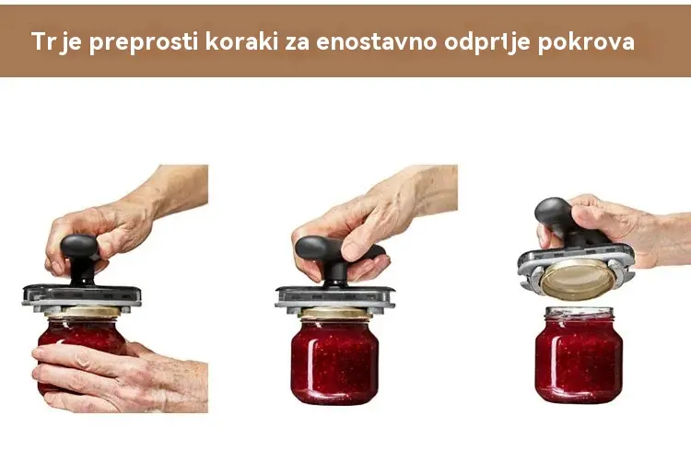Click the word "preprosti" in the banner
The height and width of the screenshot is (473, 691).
[x=143, y=42]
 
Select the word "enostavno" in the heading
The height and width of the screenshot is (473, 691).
[x=376, y=42]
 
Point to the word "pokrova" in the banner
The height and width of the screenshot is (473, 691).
[x=586, y=42]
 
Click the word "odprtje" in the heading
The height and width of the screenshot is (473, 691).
[x=487, y=42]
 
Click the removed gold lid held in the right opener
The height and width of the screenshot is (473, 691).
[x=578, y=279]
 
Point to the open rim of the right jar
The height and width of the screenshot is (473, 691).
[x=580, y=313]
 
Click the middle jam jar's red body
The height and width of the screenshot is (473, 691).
[x=334, y=361]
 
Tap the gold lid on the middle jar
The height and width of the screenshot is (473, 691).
[x=335, y=313]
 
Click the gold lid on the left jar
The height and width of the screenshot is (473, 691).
[x=83, y=312]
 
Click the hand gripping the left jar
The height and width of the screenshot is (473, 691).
[x=119, y=377]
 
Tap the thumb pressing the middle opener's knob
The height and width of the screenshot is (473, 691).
[x=357, y=245]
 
